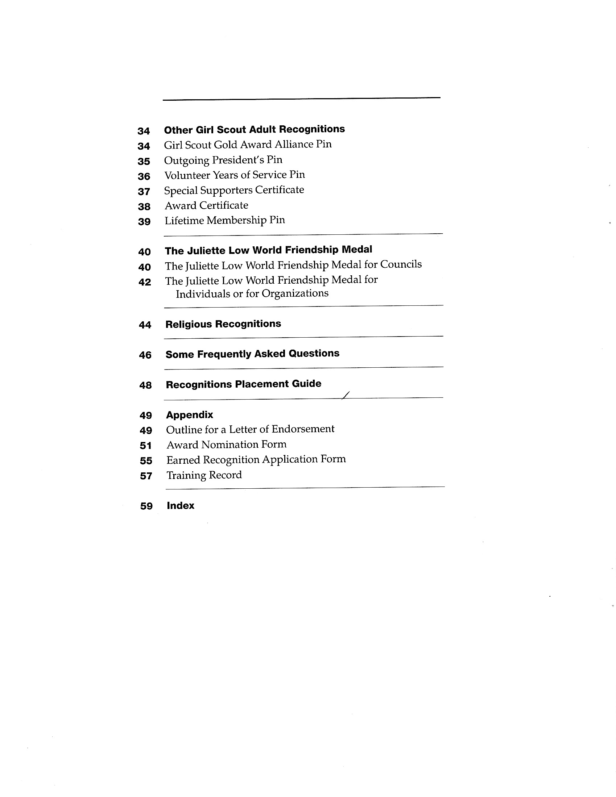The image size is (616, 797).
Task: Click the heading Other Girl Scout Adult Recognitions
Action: click(254, 130)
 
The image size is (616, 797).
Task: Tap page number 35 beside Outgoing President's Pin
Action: click(144, 161)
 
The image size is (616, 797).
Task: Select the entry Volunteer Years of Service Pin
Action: click(235, 175)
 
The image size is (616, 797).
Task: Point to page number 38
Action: click(144, 207)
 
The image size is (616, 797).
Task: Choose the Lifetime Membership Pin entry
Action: click(224, 220)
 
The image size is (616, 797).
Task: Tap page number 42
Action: click(145, 282)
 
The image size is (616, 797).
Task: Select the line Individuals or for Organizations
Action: click(252, 293)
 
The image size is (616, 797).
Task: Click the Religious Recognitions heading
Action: click(223, 324)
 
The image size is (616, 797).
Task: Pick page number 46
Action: click(145, 355)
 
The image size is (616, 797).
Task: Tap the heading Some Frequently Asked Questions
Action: click(252, 354)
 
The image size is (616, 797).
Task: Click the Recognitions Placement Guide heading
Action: click(244, 384)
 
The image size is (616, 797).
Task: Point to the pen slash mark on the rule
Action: click(346, 395)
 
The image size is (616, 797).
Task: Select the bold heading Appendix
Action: click(190, 415)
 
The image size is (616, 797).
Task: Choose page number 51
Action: click(145, 446)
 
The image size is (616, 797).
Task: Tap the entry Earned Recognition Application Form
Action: click(256, 459)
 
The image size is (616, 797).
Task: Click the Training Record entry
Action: click(204, 475)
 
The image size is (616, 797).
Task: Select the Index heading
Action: click(181, 506)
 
